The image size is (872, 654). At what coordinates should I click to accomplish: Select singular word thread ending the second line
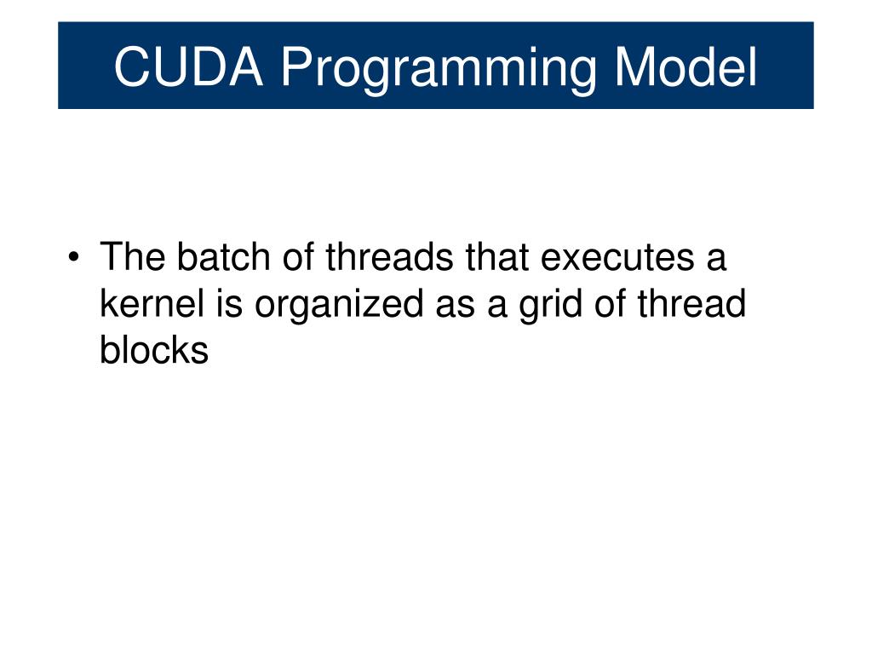tap(691, 303)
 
